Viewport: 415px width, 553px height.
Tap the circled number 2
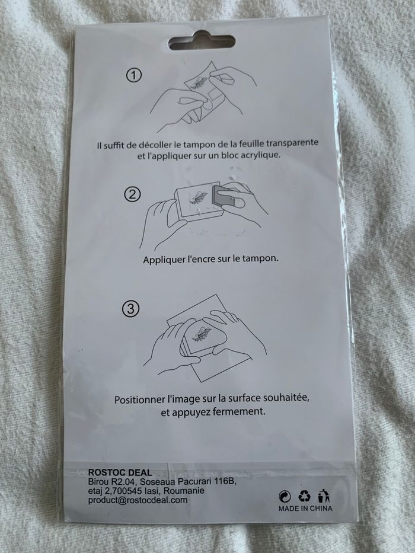(133, 194)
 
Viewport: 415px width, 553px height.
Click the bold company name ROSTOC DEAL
(120, 472)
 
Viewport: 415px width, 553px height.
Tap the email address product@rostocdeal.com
(138, 500)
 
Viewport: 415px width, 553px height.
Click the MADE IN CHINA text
(305, 508)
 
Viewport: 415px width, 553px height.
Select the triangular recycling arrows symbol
(305, 496)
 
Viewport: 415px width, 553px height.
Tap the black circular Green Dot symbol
(285, 496)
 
